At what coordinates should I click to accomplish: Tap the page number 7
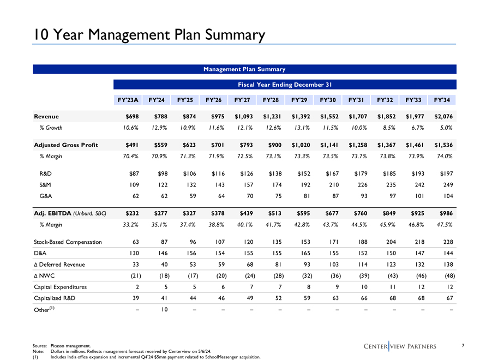click(x=463, y=344)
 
